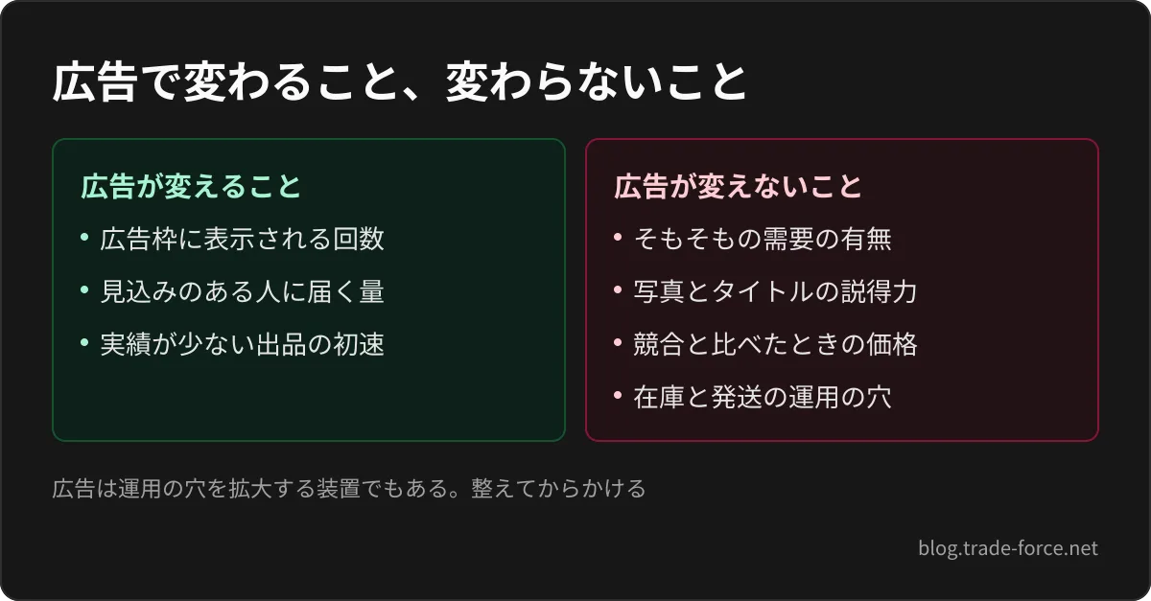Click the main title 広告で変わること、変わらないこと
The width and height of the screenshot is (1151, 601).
click(399, 82)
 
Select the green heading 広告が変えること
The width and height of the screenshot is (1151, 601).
click(191, 186)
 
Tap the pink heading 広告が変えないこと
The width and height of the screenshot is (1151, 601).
click(738, 186)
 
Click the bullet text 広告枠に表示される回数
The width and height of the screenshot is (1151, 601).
click(242, 239)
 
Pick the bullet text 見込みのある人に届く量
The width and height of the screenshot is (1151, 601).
click(242, 291)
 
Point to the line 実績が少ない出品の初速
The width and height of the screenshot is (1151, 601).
click(242, 344)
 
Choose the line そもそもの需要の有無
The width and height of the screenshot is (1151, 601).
click(763, 239)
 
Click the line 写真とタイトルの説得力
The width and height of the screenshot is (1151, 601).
click(775, 291)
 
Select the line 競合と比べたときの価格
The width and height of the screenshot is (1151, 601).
click(775, 344)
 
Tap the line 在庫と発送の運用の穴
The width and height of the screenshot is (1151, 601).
click(763, 397)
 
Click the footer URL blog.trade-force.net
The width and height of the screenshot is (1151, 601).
click(1008, 548)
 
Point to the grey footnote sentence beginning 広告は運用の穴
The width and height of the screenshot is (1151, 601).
click(349, 488)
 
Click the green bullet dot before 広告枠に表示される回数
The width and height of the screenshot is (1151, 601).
click(84, 238)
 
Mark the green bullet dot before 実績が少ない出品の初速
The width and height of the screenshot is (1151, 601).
click(84, 342)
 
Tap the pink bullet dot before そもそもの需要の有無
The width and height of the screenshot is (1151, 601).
click(618, 238)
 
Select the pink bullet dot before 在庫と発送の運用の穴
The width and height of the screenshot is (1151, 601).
click(618, 396)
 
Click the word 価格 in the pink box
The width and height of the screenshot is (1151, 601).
click(891, 344)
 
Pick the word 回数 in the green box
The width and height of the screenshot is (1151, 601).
click(359, 239)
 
